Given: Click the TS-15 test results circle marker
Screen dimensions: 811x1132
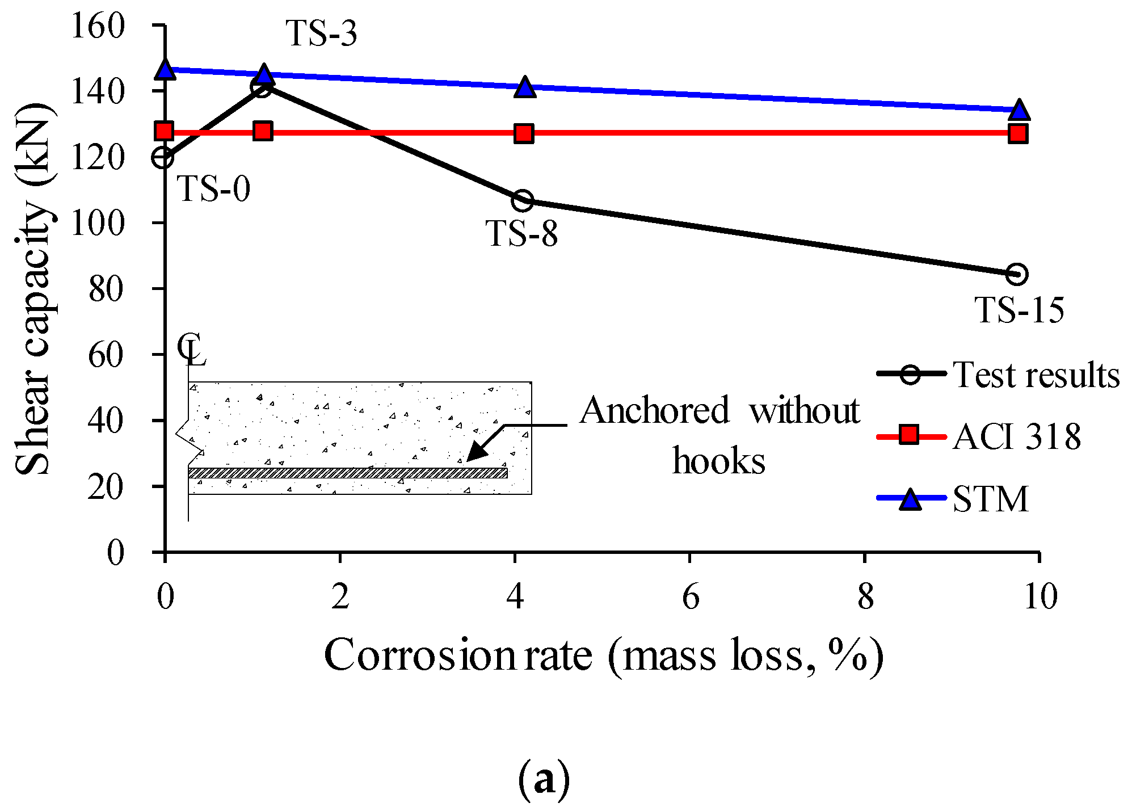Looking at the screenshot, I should [1017, 274].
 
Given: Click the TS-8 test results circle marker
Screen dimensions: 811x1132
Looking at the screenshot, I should [523, 200].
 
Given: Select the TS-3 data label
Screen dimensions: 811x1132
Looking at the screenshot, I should [322, 33].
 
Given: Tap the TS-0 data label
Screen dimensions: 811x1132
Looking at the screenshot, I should [214, 188].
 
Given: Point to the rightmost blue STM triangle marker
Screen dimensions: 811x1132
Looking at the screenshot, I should [1019, 110].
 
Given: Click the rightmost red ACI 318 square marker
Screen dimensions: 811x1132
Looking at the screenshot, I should [1018, 133].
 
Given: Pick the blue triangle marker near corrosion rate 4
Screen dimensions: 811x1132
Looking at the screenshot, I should [525, 87].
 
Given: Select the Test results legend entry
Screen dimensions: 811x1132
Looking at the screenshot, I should [998, 375].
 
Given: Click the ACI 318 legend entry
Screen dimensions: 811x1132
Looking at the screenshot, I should [979, 436].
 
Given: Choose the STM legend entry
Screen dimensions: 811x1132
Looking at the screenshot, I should [953, 498].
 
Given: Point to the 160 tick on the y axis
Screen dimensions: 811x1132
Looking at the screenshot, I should [98, 26].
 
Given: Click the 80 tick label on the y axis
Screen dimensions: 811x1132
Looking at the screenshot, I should [106, 289].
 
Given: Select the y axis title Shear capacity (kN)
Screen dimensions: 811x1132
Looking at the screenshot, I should [34, 289].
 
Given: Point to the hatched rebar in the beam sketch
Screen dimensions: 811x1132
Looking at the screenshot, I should [347, 473].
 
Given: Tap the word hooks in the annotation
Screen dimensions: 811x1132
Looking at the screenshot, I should [718, 460].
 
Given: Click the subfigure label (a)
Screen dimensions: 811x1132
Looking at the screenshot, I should [544, 780].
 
